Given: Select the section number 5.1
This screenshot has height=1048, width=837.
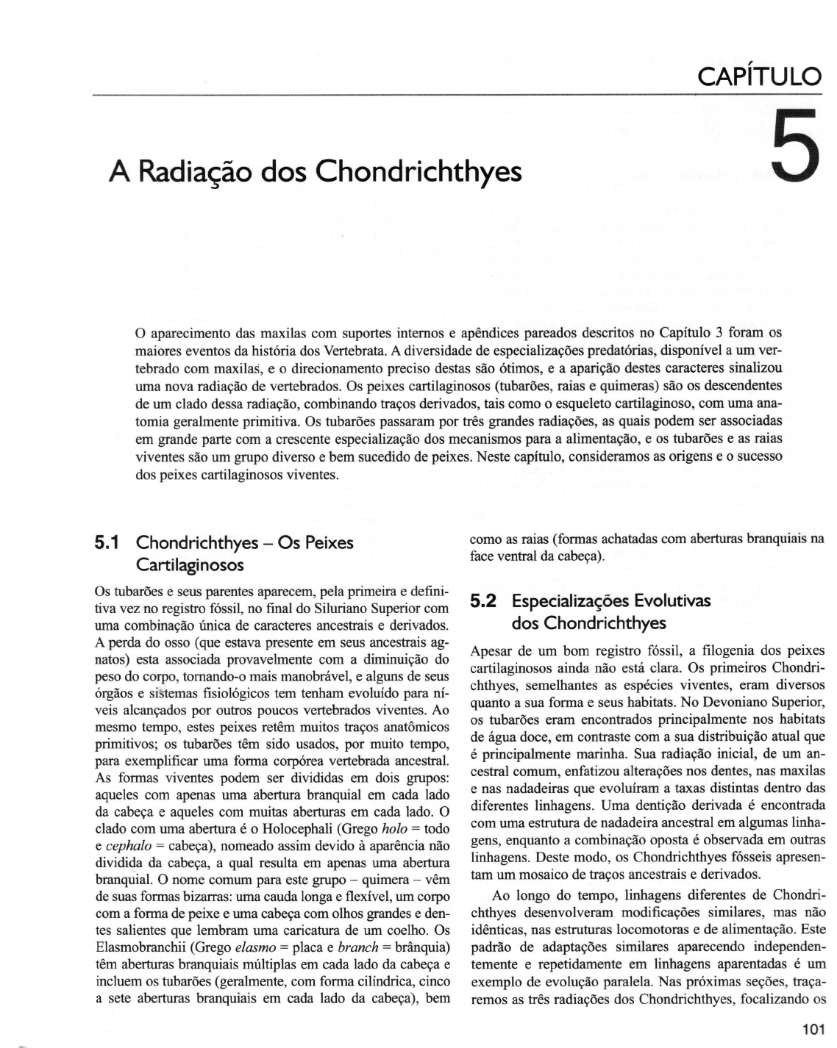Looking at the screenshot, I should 110,544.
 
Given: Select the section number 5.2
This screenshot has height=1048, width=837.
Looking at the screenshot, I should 484,602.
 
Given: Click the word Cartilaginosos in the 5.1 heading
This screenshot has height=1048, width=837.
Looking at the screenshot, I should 190,566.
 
